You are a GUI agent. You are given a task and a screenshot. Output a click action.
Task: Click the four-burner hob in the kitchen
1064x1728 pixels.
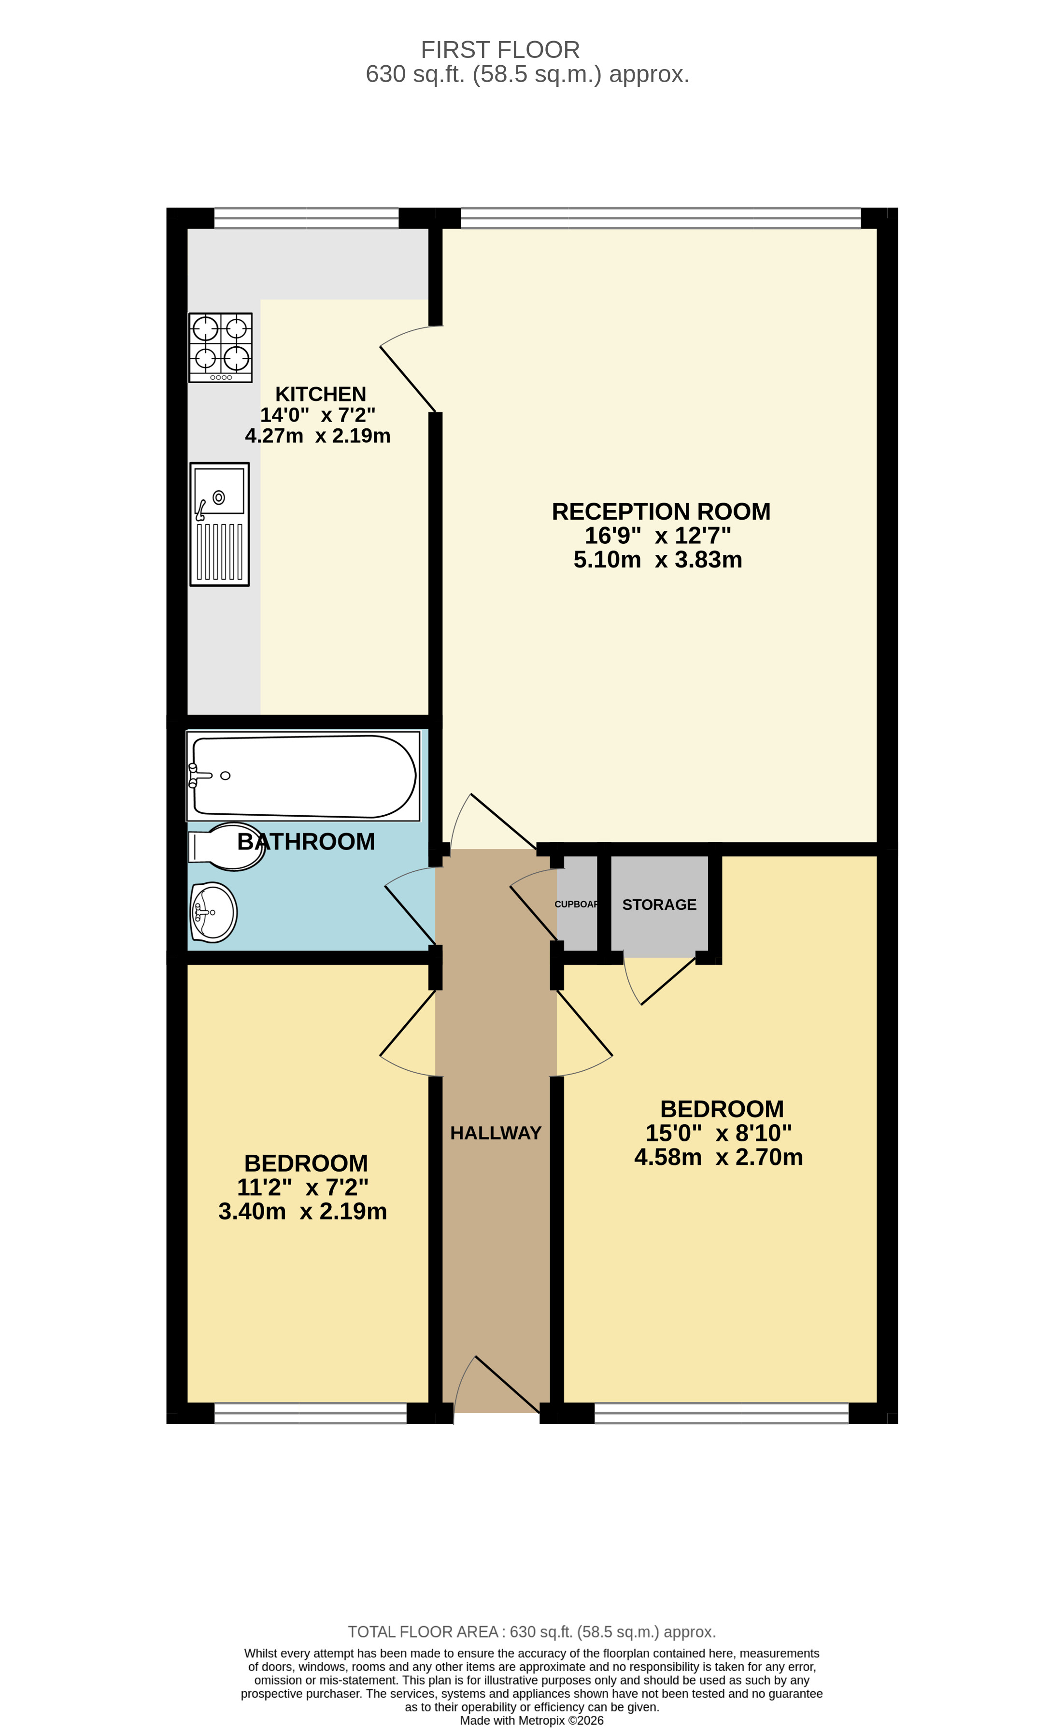pyautogui.click(x=220, y=348)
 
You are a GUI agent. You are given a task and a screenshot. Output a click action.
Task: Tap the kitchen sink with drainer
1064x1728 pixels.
pyautogui.click(x=220, y=524)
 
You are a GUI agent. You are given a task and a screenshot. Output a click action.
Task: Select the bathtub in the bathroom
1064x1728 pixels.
pyautogui.click(x=303, y=776)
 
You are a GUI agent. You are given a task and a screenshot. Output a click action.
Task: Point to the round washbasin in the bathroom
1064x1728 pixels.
pyautogui.click(x=213, y=913)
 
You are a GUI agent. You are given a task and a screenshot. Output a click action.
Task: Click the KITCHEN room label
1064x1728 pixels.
pyautogui.click(x=320, y=394)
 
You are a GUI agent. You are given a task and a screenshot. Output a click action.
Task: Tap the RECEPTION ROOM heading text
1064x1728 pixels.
pyautogui.click(x=660, y=511)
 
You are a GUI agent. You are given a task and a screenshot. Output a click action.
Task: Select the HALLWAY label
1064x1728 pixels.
pyautogui.click(x=496, y=1133)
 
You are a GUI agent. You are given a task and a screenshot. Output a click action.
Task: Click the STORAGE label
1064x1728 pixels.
pyautogui.click(x=659, y=905)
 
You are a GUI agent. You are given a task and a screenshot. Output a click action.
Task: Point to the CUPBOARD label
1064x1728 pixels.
pyautogui.click(x=576, y=904)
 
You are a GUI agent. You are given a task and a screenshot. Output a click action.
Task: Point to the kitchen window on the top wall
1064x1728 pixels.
pyautogui.click(x=306, y=218)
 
